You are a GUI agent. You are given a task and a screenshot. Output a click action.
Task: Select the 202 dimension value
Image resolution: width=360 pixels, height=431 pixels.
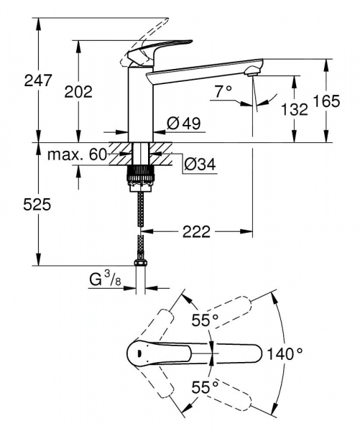(78, 92)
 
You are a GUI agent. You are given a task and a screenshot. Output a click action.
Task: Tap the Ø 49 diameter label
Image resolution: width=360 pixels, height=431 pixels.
(183, 124)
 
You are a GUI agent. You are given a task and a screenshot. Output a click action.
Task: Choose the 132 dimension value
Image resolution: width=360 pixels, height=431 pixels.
(294, 109)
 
